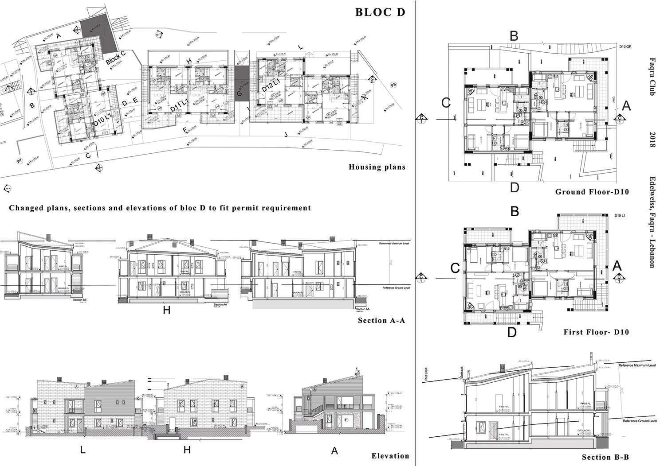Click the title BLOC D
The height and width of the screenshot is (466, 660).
coord(380,12)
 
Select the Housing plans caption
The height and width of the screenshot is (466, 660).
coord(377,167)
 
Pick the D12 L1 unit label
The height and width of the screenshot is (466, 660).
coord(270,85)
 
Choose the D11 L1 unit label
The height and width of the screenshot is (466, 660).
coord(179,108)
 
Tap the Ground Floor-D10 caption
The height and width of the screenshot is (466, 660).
coord(592,192)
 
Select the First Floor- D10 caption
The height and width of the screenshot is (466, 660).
coord(596,332)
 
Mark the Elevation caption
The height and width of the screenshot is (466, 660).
coord(390,456)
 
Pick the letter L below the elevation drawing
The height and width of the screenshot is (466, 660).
coord(82,450)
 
